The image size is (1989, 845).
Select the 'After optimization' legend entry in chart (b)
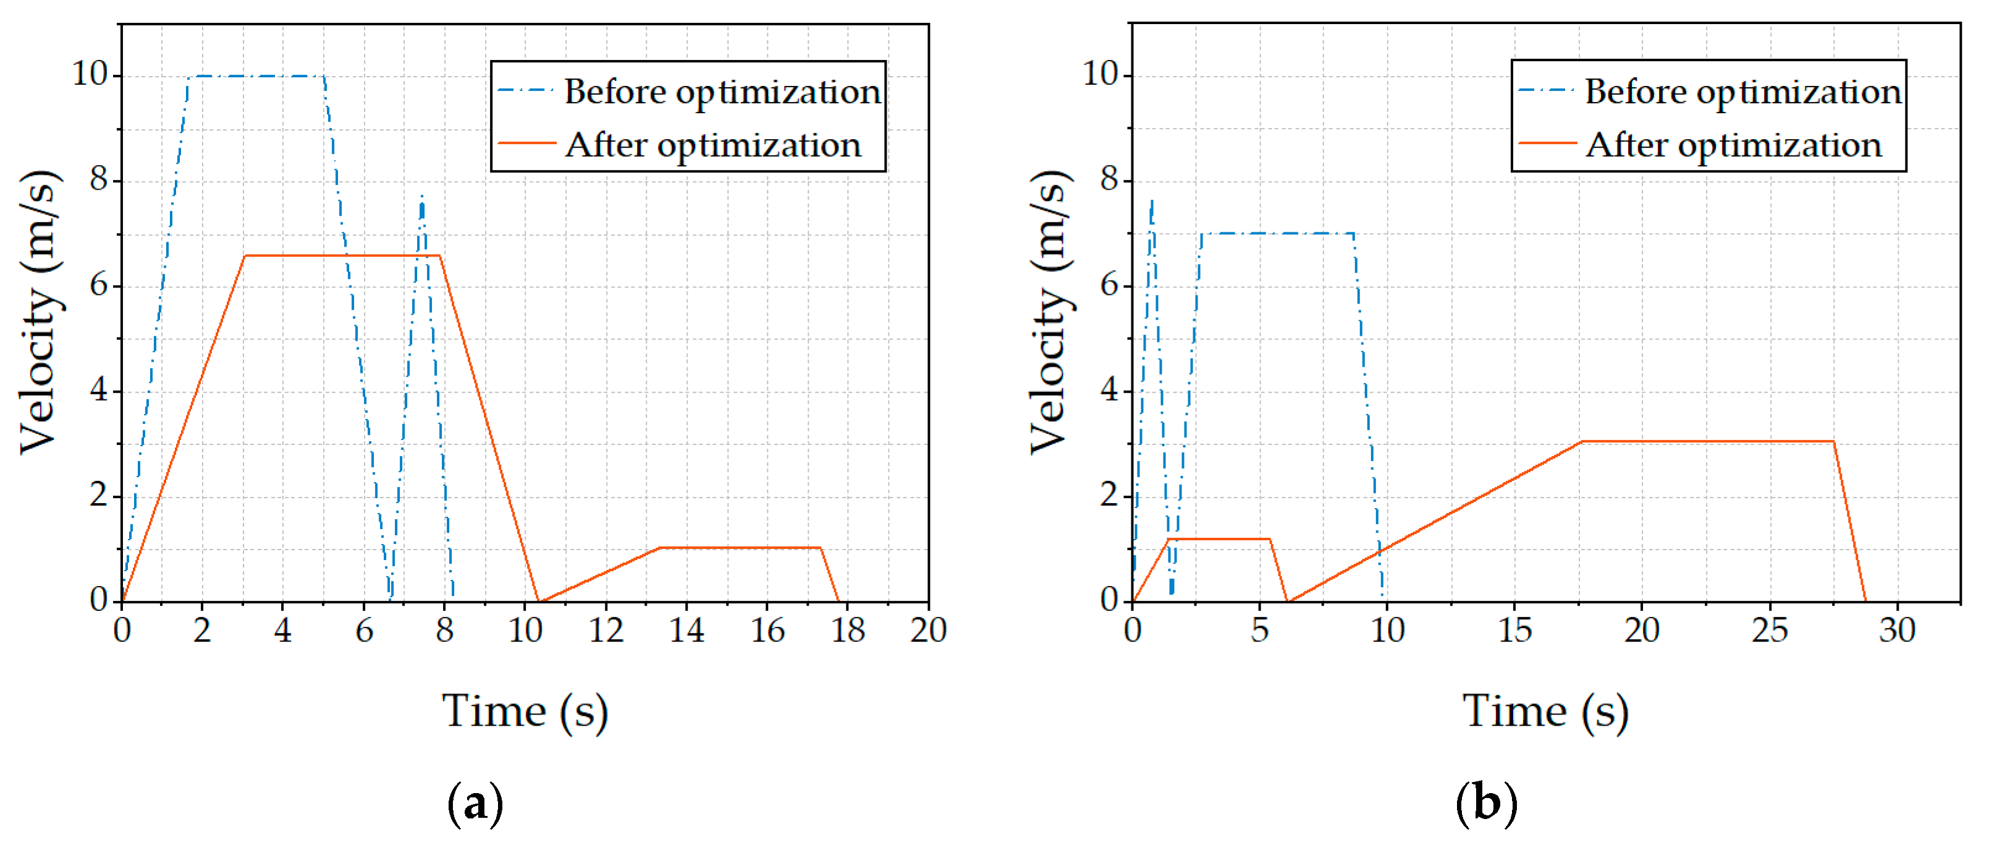(1733, 145)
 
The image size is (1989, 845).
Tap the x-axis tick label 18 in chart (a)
(847, 631)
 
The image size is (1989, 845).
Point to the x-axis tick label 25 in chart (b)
(1769, 631)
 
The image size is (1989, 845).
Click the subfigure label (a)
(475, 804)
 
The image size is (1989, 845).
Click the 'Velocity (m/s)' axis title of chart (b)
(1050, 312)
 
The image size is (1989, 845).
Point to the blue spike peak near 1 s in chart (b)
(1151, 201)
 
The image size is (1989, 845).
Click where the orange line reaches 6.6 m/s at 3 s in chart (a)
(244, 256)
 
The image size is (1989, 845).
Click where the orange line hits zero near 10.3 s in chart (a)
(538, 601)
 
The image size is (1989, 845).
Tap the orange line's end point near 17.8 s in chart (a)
(838, 601)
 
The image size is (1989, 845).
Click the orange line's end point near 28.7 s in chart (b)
(1865, 601)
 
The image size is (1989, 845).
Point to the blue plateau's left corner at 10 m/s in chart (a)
(189, 77)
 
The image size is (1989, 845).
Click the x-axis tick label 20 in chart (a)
(927, 631)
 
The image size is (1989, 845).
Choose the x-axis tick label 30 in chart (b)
(1896, 631)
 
